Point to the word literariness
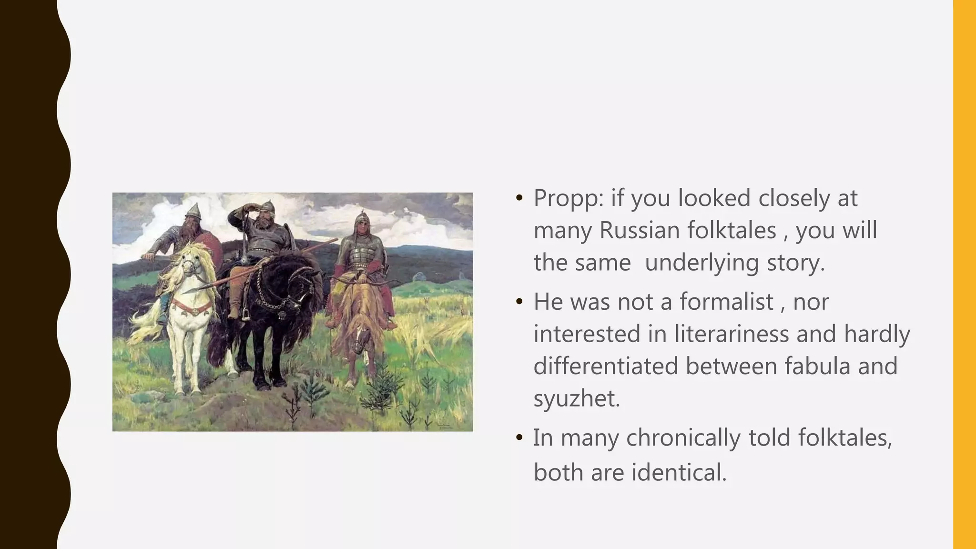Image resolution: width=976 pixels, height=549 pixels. coord(731,334)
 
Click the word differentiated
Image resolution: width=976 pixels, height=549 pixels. coord(605,366)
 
